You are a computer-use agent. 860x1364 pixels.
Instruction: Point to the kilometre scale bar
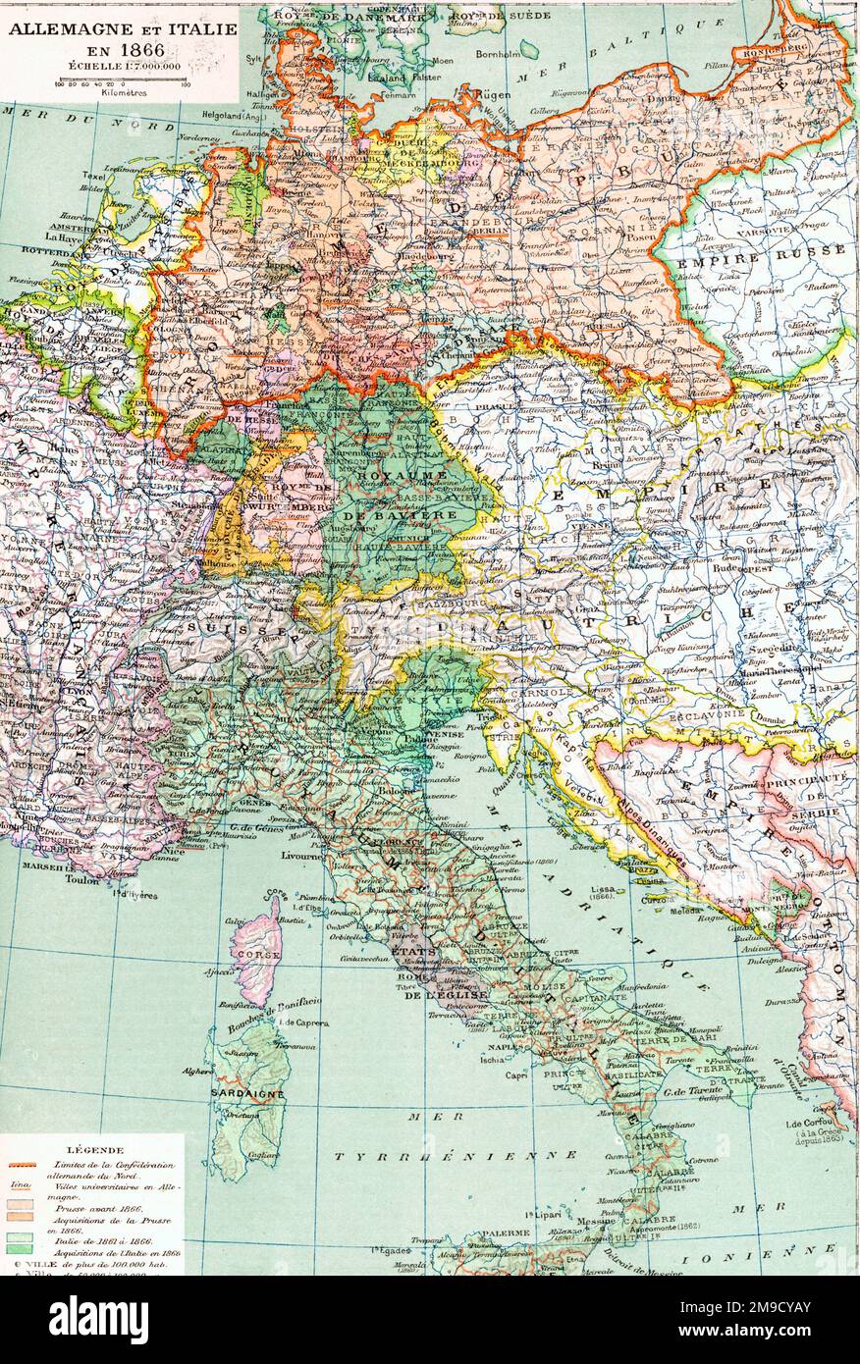[x=122, y=80]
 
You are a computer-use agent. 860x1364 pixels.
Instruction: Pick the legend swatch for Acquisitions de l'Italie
[x=19, y=1252]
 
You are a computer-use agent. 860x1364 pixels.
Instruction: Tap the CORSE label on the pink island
[x=255, y=953]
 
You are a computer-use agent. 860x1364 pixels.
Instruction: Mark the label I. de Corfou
[x=802, y=1123]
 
